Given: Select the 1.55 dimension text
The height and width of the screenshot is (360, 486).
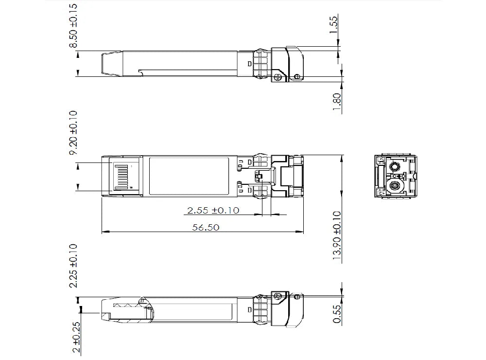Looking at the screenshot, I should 334,24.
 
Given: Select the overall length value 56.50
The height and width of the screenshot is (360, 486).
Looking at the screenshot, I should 204,227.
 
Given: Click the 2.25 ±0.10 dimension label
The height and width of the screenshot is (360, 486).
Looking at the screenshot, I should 74,266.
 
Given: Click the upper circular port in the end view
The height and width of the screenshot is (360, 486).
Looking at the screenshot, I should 394,167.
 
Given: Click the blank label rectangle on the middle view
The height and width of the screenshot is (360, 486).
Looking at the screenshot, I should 189,177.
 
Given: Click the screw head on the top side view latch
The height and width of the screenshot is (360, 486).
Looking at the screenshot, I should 278,76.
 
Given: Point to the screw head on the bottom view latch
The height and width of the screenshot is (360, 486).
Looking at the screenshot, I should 279,297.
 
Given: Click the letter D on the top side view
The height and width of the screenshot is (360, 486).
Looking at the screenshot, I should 250,64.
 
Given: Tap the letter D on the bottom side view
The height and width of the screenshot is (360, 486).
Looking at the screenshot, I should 250,309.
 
